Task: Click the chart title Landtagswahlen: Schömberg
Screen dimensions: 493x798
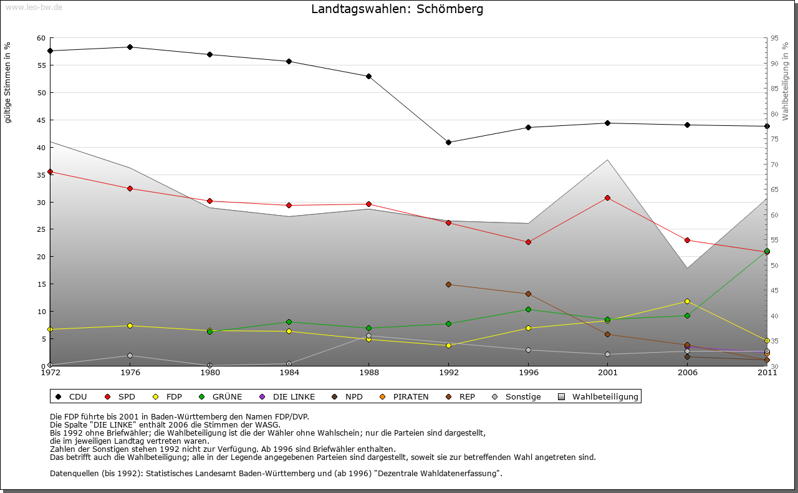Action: pos(397,9)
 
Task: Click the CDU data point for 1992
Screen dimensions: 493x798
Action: pos(448,142)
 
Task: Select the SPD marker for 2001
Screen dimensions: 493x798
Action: pos(608,198)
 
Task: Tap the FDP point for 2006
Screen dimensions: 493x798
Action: pos(687,301)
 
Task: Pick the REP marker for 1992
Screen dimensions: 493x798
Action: pos(448,284)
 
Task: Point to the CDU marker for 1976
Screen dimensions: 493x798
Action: pos(130,47)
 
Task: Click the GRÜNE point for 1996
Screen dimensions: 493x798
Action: pos(528,309)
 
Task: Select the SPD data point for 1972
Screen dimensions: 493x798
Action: pos(50,171)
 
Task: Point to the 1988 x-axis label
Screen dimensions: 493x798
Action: pos(368,373)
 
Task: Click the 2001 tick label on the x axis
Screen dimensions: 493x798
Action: pos(608,373)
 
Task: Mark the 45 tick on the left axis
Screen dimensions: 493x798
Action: pos(41,120)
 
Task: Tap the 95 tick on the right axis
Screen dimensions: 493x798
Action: pos(774,38)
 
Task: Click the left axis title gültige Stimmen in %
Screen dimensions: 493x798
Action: pos(8,82)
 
